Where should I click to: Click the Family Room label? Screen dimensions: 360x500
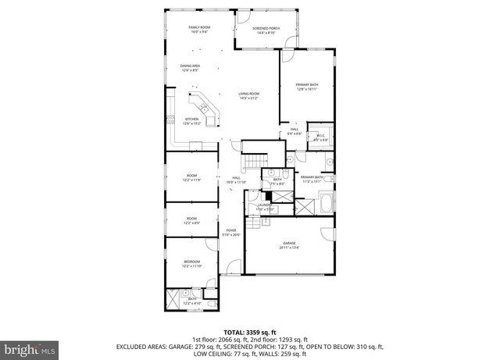coord(199,30)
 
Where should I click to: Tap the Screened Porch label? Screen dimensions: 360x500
coord(266,30)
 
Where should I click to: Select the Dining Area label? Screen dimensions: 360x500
coord(189,68)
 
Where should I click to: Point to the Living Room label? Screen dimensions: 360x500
coord(248,96)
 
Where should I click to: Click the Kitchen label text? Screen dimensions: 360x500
coord(192,121)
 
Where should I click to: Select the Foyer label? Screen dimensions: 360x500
coord(231,232)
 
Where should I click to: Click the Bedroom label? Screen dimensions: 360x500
coord(192,263)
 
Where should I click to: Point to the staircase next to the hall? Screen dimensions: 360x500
coord(251,160)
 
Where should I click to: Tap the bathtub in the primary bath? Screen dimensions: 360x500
coord(327,207)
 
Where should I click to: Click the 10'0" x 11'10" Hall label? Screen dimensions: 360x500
coord(237,180)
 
